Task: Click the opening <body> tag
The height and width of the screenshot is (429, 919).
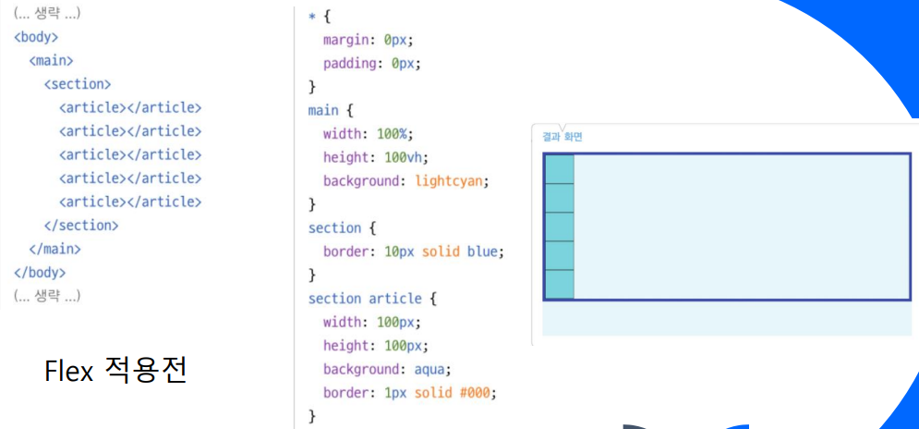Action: (36, 37)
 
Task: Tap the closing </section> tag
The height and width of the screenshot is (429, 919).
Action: (81, 225)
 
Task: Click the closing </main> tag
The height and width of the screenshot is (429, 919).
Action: (54, 249)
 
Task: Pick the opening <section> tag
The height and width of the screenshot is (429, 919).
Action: (78, 84)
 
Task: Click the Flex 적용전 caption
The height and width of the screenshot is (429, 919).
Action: (115, 371)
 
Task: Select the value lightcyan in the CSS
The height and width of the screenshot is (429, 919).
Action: (448, 180)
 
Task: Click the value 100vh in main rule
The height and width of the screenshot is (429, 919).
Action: (406, 157)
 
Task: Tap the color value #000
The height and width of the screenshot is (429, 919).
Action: (478, 392)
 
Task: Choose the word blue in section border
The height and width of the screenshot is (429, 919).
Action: (485, 251)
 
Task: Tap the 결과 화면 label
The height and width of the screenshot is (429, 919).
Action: (562, 137)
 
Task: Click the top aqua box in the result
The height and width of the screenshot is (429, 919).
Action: (559, 169)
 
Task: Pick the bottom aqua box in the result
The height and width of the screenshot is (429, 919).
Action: (559, 284)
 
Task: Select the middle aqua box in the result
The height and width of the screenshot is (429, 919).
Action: (559, 227)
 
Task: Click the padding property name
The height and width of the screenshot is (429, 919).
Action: (350, 64)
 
